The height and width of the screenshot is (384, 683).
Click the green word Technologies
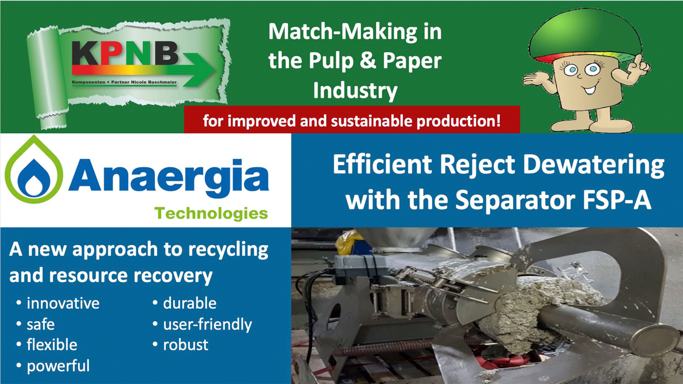[x=211, y=214]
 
